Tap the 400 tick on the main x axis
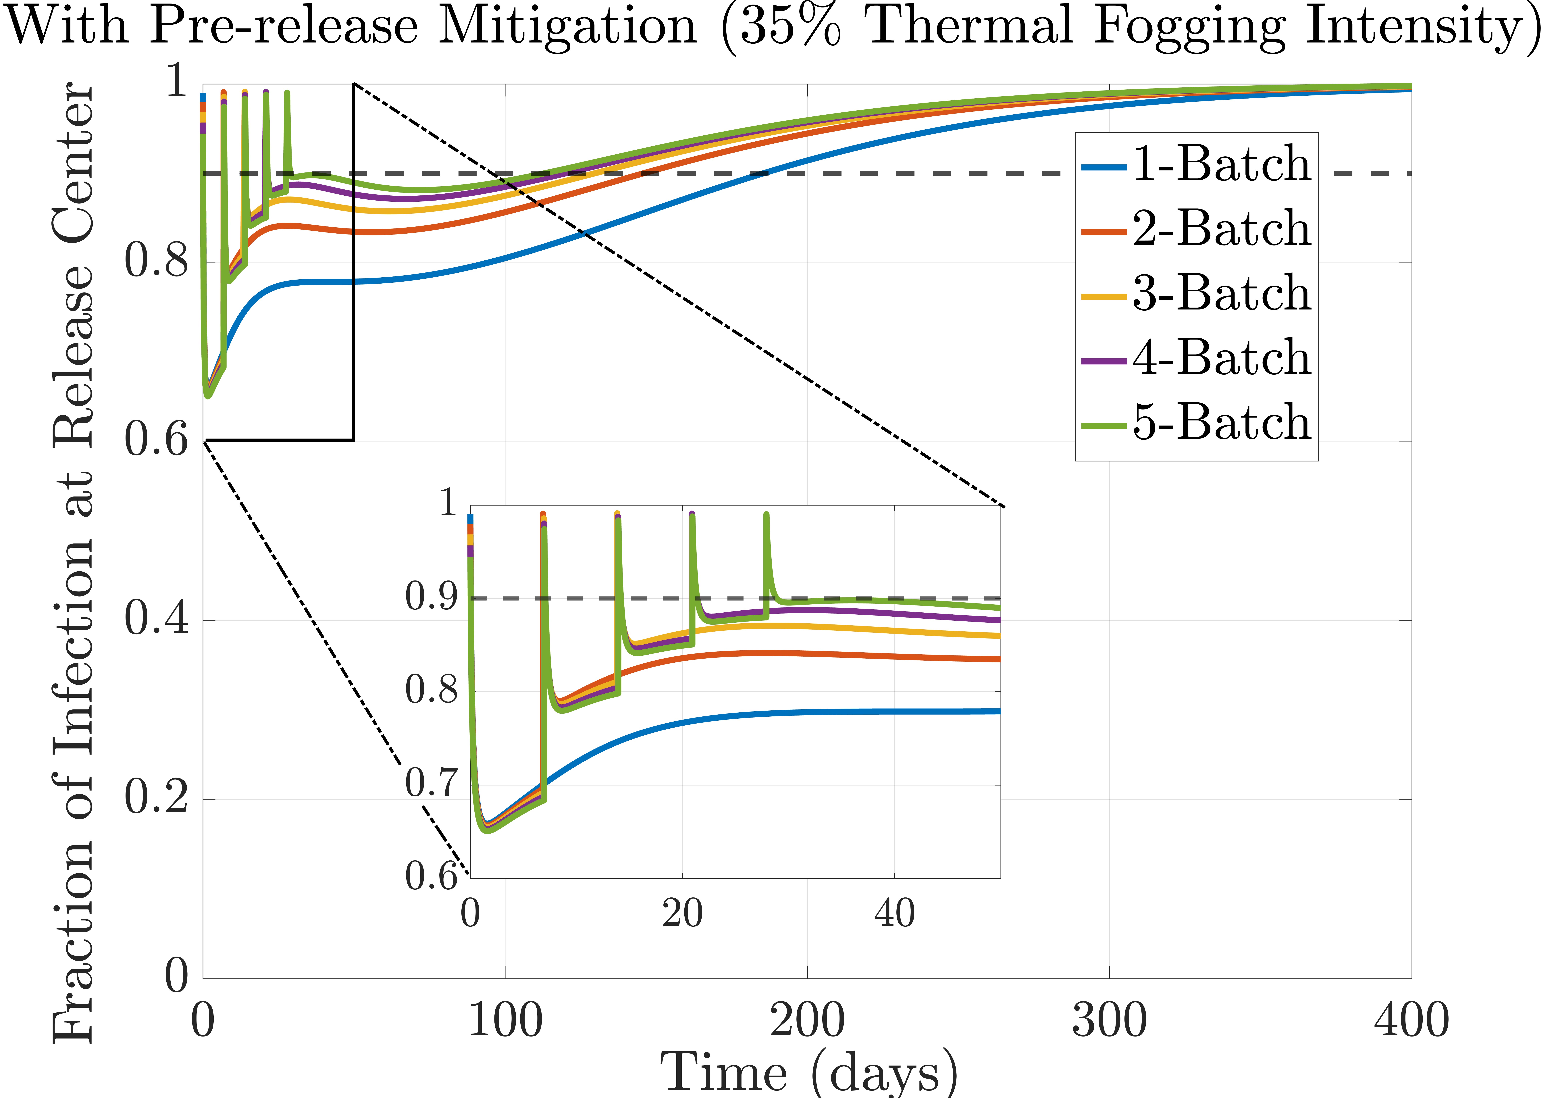pos(1411,1021)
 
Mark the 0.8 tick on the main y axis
pos(156,262)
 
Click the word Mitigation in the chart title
pos(567,27)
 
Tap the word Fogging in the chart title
pos(1189,27)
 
